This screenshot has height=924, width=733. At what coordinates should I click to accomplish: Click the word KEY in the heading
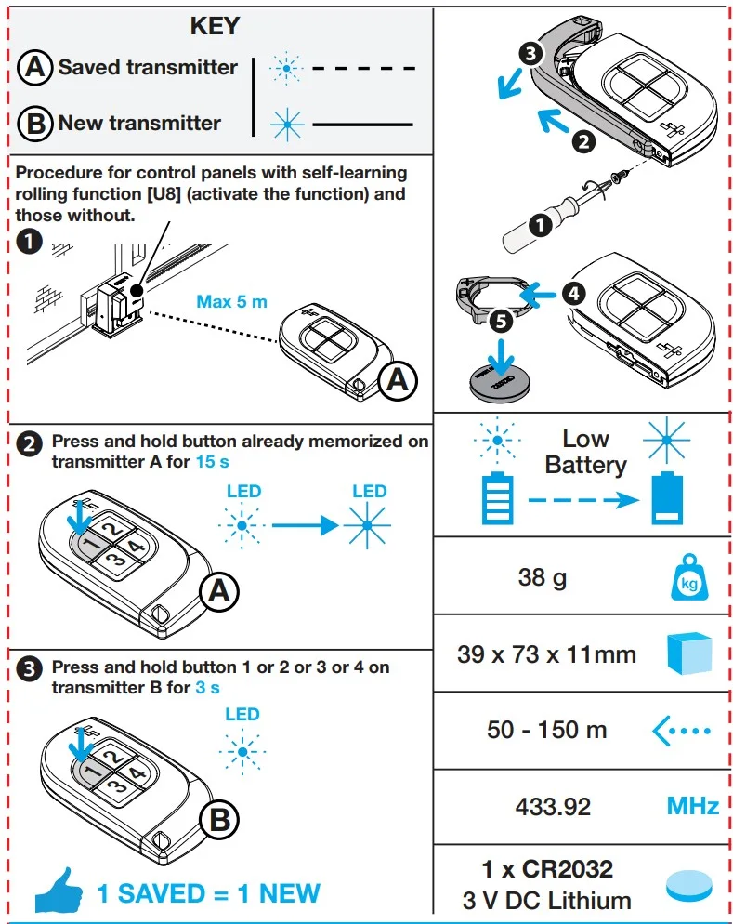pyautogui.click(x=215, y=27)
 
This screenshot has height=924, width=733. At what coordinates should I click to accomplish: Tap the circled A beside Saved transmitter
pyautogui.click(x=34, y=68)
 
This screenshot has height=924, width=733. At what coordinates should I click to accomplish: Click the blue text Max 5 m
pyautogui.click(x=231, y=302)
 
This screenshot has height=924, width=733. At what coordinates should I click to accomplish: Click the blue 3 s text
pyautogui.click(x=207, y=687)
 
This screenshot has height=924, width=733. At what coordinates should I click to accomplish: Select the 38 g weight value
pyautogui.click(x=543, y=577)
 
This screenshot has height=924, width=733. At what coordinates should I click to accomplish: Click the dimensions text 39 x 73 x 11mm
pyautogui.click(x=546, y=654)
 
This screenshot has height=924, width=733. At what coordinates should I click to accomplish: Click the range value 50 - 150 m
pyautogui.click(x=546, y=731)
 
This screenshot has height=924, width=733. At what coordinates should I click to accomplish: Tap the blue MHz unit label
pyautogui.click(x=692, y=806)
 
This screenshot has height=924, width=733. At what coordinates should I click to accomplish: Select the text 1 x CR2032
pyautogui.click(x=547, y=870)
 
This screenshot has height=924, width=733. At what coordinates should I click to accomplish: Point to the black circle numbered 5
pyautogui.click(x=500, y=323)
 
